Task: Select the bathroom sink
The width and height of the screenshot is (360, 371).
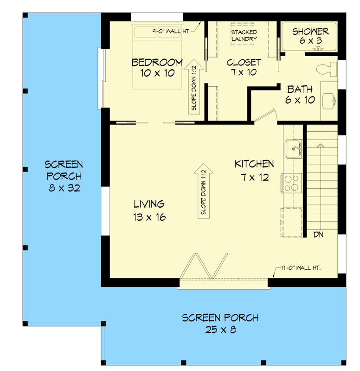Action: coord(330,100)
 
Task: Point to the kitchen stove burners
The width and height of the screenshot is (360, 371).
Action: coord(292,183)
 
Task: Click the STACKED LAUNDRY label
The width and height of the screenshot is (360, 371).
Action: coord(244,36)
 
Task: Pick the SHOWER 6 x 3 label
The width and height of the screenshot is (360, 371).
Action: coord(310,36)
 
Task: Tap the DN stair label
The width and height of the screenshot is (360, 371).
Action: coord(318,235)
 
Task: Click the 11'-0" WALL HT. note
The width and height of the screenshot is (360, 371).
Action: coord(301,268)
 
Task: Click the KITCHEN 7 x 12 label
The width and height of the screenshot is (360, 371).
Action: coord(254,170)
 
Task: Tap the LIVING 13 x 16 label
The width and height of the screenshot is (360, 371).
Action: coord(149,210)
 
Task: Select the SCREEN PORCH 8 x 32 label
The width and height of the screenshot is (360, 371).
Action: coord(64,176)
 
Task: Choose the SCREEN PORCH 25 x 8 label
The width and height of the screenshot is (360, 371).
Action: coord(220,324)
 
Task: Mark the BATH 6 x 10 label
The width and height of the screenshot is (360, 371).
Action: coord(300,94)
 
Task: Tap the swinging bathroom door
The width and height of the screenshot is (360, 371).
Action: coord(267,116)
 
